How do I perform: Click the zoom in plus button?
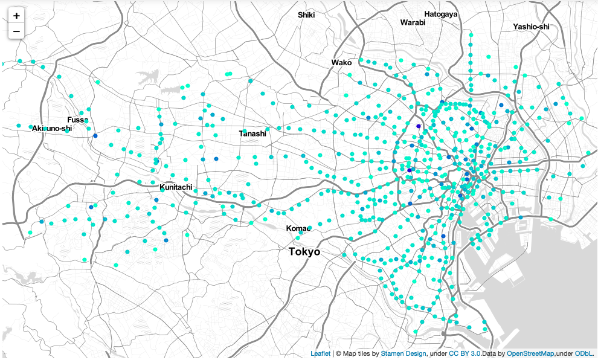[x=16, y=16]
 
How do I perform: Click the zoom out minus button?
[x=16, y=31]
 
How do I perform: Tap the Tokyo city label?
[x=304, y=252]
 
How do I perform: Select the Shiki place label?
[x=306, y=14]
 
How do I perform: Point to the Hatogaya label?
[x=441, y=14]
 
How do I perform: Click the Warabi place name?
[x=413, y=22]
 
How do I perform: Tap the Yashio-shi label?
[x=532, y=27]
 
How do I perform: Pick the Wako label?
[x=341, y=62]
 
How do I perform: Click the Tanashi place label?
[x=252, y=133]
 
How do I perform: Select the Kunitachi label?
[x=176, y=187]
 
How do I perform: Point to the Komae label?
[x=298, y=228]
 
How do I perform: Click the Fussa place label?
[x=78, y=120]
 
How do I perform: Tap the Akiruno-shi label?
[x=52, y=128]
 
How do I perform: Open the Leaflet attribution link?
[x=320, y=353]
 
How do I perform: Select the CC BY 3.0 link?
[x=465, y=353]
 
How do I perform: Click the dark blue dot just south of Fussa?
[x=95, y=135]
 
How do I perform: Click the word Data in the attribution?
[x=490, y=353]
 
